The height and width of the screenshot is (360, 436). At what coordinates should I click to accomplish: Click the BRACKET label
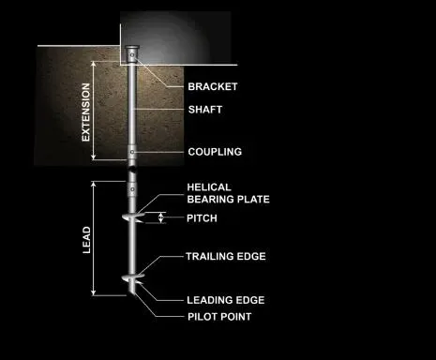tap(212, 86)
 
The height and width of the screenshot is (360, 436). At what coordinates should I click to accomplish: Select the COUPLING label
tap(215, 152)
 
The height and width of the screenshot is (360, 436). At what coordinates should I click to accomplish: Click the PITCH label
tap(202, 218)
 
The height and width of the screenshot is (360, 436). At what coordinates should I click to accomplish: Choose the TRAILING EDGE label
tap(225, 256)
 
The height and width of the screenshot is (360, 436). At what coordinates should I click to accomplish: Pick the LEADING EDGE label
tap(224, 300)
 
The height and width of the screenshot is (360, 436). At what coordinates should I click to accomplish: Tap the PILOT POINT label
tap(218, 317)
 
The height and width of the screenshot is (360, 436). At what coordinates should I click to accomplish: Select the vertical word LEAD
tap(86, 239)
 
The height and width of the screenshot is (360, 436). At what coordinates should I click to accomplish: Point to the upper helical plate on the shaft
tap(133, 219)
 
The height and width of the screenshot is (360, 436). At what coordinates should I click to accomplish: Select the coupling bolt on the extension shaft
tap(132, 152)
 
